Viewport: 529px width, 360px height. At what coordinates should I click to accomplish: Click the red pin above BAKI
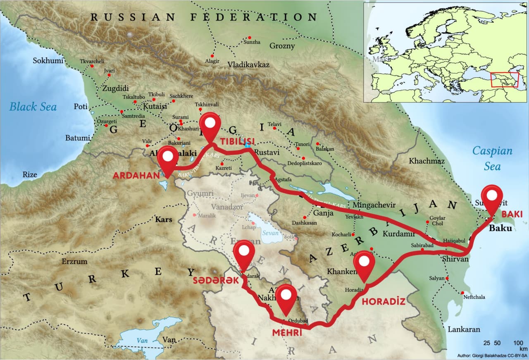pyautogui.click(x=492, y=198)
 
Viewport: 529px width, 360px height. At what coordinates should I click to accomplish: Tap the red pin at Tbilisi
pyautogui.click(x=211, y=125)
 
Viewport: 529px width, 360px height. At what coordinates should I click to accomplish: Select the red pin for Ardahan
pyautogui.click(x=168, y=159)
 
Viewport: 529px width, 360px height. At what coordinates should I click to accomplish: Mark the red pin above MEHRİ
pyautogui.click(x=287, y=298)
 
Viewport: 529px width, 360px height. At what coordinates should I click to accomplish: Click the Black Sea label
pyautogui.click(x=33, y=107)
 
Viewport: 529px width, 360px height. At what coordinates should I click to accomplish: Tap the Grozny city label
pyautogui.click(x=282, y=46)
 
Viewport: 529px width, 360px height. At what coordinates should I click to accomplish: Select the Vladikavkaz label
pyautogui.click(x=248, y=65)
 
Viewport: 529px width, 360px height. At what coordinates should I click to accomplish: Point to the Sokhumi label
pyautogui.click(x=48, y=61)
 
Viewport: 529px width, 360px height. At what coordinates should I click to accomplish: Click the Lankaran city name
pyautogui.click(x=464, y=329)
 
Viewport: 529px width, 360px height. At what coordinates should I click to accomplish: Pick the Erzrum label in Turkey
pyautogui.click(x=74, y=261)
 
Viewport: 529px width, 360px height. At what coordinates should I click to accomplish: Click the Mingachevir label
pyautogui.click(x=374, y=205)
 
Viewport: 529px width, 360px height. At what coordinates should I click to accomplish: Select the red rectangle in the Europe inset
pyautogui.click(x=504, y=79)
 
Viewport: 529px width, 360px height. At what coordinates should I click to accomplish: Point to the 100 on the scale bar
pyautogui.click(x=518, y=343)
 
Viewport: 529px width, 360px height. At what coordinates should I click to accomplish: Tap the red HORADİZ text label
pyautogui.click(x=383, y=301)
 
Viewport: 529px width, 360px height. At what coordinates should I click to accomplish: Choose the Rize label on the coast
pyautogui.click(x=30, y=174)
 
